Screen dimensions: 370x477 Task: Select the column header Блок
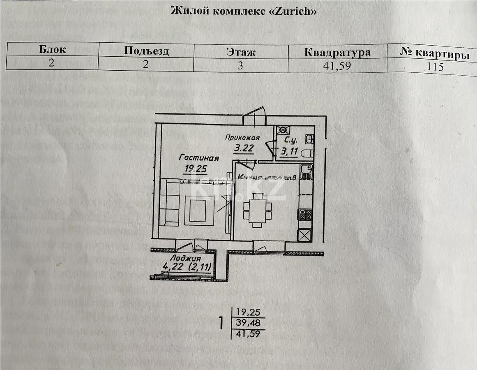[x=52, y=50]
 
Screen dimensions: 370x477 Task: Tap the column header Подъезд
[x=146, y=51]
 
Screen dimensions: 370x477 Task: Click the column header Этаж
[x=241, y=52]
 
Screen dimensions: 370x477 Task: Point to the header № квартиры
[x=435, y=54]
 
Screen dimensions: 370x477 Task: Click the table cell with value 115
[x=435, y=67]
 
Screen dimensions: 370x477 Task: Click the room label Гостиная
[x=198, y=158]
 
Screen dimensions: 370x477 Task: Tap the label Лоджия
[x=186, y=258]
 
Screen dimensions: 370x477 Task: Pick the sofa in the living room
[x=169, y=202]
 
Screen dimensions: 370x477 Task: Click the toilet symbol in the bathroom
[x=307, y=153]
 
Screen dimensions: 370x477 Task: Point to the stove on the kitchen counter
[x=305, y=214]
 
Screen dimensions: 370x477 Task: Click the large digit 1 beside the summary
[x=221, y=323]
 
